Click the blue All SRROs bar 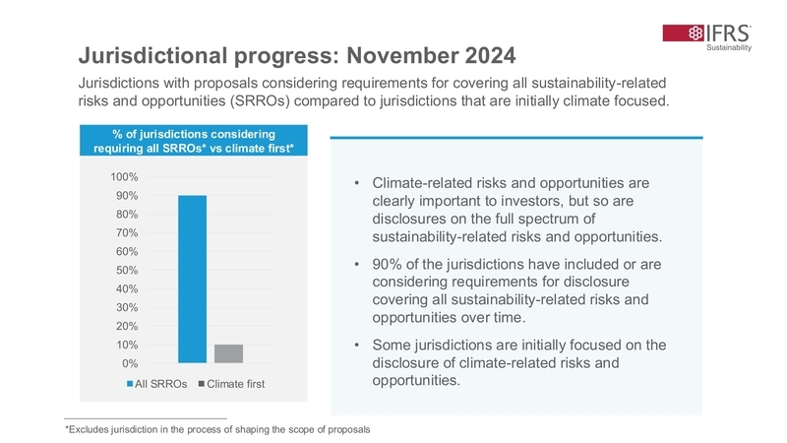[x=192, y=279]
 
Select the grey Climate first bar [x=228, y=353]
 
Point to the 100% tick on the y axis [x=124, y=177]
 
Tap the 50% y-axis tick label [x=127, y=270]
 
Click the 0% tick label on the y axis [x=130, y=363]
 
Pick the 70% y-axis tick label [x=127, y=233]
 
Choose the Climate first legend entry [x=231, y=383]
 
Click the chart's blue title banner [x=186, y=141]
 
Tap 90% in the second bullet [x=389, y=265]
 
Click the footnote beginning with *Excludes [x=217, y=429]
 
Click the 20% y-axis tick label [x=127, y=326]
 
